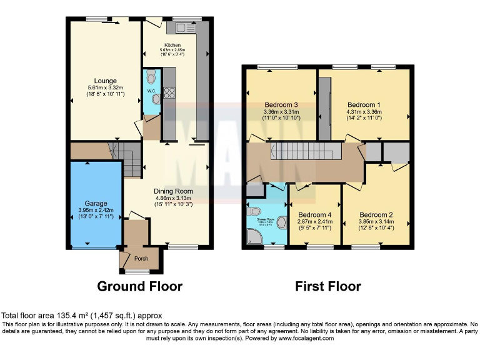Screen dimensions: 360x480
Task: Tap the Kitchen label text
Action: (172, 45)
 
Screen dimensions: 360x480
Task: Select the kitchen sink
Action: (186, 27)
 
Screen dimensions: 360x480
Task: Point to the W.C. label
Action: (151, 91)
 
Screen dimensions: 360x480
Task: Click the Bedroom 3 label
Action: (281, 104)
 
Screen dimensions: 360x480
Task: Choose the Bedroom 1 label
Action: (364, 104)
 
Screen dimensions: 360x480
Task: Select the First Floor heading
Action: (328, 287)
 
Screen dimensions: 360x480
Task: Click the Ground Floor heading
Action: (139, 287)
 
